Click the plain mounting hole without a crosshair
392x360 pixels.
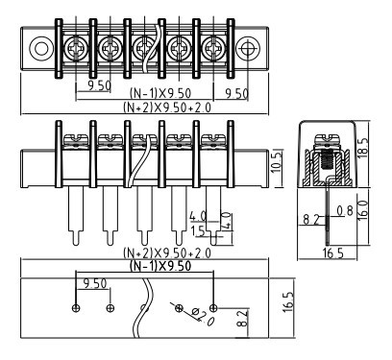(x=41, y=49)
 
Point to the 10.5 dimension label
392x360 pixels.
(x=277, y=162)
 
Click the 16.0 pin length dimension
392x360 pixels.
(x=363, y=210)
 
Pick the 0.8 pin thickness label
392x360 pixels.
(x=345, y=211)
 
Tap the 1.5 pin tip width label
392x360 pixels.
(x=198, y=231)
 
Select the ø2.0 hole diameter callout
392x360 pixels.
(x=203, y=317)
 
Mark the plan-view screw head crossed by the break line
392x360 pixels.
(x=144, y=49)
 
